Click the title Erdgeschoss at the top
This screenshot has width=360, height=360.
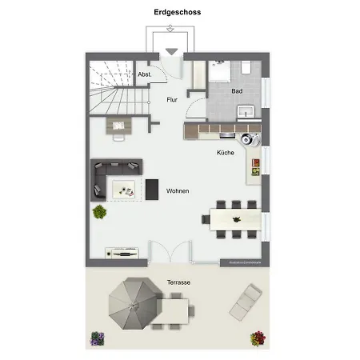pyautogui.click(x=178, y=13)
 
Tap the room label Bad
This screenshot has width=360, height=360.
pyautogui.click(x=237, y=92)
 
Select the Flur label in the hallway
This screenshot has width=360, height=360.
pyautogui.click(x=171, y=100)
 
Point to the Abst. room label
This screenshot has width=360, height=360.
pyautogui.click(x=145, y=74)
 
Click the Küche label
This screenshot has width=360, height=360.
pyautogui.click(x=225, y=152)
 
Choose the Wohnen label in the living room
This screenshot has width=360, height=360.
pyautogui.click(x=178, y=192)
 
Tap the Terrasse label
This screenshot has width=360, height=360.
pyautogui.click(x=179, y=283)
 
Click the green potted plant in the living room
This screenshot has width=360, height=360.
pyautogui.click(x=100, y=212)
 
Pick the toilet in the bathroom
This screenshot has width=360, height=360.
pyautogui.click(x=219, y=70)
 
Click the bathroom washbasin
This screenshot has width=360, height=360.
pyautogui.click(x=246, y=110)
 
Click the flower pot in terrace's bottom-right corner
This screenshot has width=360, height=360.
pyautogui.click(x=258, y=338)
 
